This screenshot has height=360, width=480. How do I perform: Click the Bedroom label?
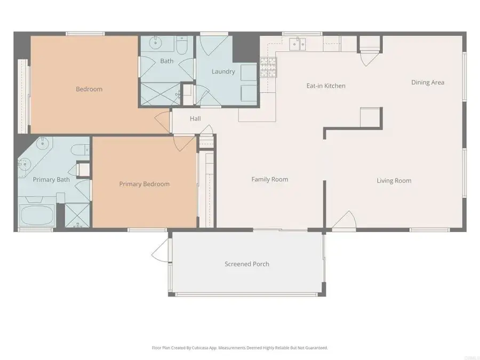pos(89,89)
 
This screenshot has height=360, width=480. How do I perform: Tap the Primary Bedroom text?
pos(144,184)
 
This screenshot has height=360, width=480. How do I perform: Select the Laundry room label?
pos(223,71)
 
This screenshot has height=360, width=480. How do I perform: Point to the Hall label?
pos(195,118)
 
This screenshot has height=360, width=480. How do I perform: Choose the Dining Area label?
pos(427,82)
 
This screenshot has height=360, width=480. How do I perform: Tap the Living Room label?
pos(394,180)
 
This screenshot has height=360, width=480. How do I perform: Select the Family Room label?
pos(269,179)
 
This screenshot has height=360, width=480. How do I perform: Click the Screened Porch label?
pos(246,263)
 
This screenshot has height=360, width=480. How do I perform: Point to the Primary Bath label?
pos(51,179)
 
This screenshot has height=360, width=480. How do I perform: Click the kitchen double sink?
pos(297,44)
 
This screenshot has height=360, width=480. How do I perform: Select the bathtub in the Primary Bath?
pos(36,215)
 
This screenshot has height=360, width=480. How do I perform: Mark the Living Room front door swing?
pos(345,220)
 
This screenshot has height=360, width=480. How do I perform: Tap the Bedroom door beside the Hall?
pos(162,121)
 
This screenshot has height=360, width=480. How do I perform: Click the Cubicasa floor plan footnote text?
pos(239,347)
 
